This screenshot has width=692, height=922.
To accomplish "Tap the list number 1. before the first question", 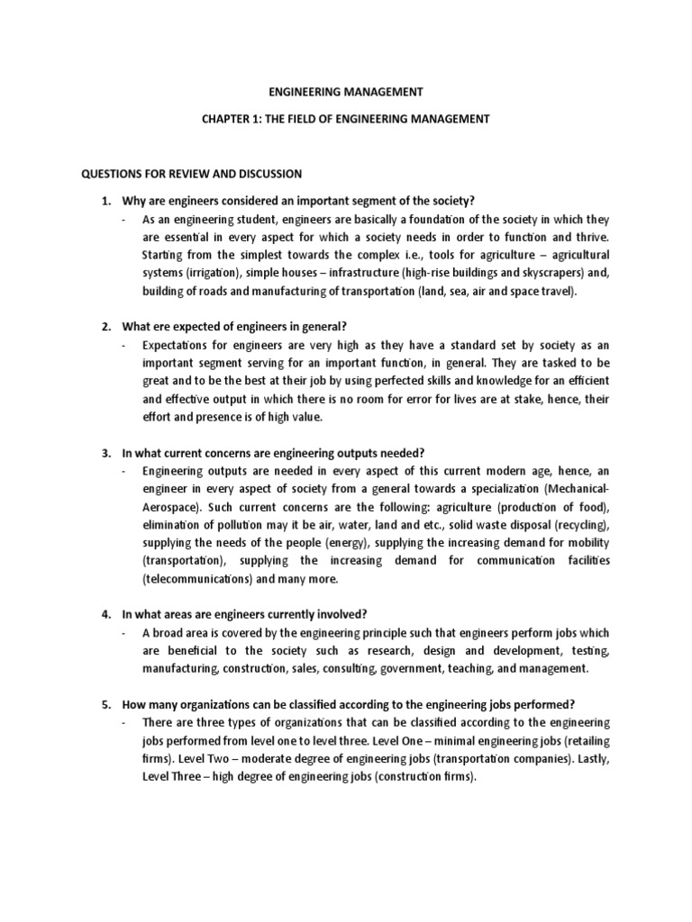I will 105,200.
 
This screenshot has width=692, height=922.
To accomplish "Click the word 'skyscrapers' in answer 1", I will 516,274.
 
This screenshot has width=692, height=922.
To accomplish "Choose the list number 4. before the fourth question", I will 105,614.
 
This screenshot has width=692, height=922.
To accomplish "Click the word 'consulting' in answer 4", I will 349,668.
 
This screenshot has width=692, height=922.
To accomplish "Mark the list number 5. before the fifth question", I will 105,704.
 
